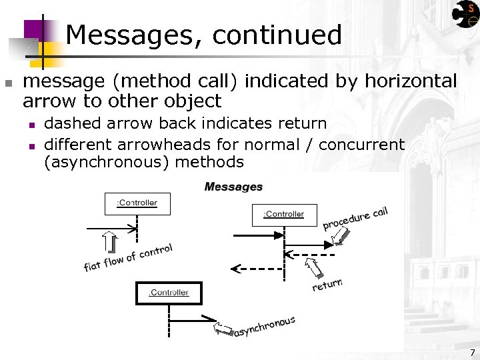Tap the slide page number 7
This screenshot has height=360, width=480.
[x=472, y=352]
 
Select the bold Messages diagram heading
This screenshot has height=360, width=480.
[x=233, y=187]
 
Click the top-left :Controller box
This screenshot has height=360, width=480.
[x=137, y=203]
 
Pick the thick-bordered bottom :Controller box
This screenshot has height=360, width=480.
[x=169, y=293]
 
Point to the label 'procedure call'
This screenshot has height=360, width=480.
[x=355, y=218]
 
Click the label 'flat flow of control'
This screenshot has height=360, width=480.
[x=128, y=258]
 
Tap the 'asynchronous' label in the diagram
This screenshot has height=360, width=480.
[x=265, y=327]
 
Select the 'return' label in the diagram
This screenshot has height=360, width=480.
[x=327, y=285]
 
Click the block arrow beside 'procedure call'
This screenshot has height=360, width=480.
[x=341, y=235]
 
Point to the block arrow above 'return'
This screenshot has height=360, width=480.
[x=313, y=268]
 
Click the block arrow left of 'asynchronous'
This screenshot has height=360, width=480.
[x=223, y=329]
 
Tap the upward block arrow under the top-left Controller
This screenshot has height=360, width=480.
[x=110, y=243]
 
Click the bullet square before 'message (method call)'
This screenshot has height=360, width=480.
[x=8, y=83]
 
